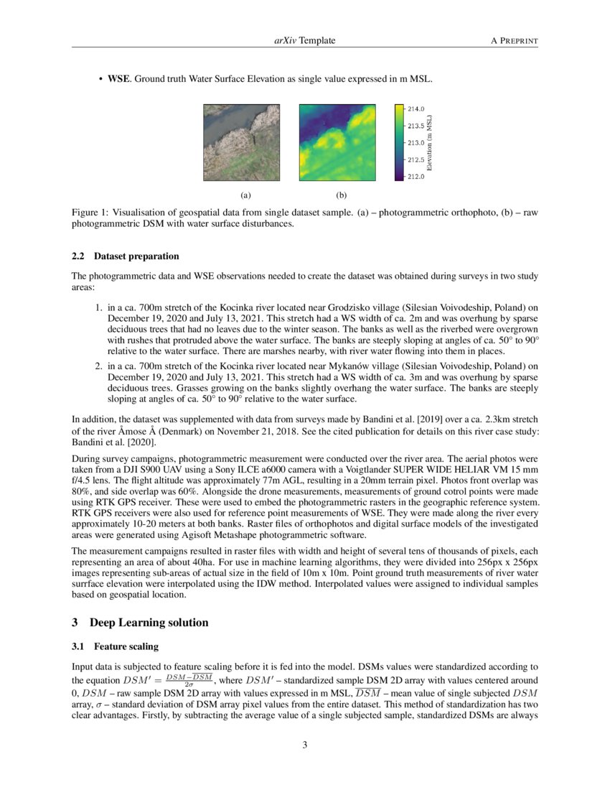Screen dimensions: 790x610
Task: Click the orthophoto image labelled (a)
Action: pos(243,143)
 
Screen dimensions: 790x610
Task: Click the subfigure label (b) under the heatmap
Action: pos(342,195)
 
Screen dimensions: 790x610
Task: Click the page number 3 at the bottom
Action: pos(305,745)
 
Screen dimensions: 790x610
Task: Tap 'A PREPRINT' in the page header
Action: pos(514,41)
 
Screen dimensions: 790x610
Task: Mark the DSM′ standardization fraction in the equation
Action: pos(189,679)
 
